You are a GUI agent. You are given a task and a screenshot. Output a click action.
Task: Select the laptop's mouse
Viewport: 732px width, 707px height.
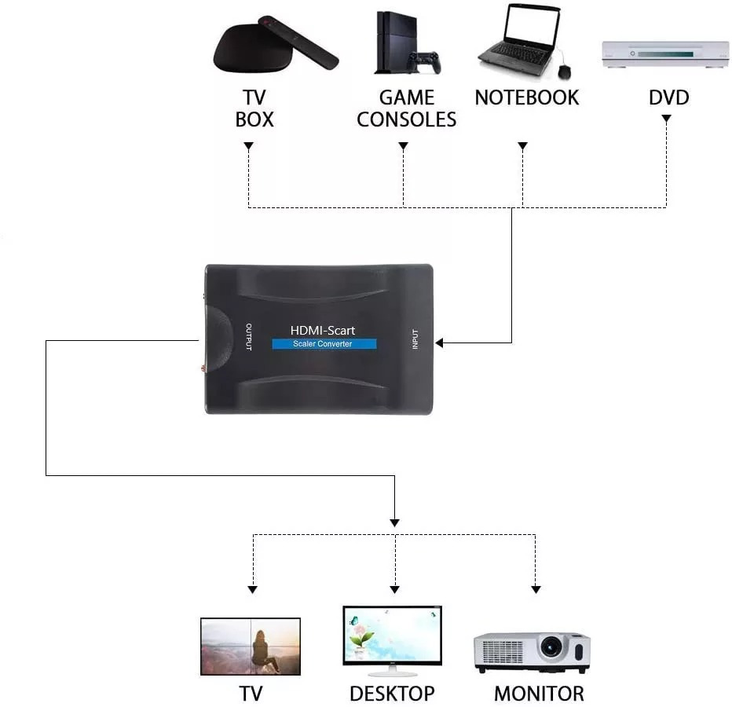coord(564,71)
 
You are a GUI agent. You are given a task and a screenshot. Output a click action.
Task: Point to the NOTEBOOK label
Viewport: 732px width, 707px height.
coord(526,98)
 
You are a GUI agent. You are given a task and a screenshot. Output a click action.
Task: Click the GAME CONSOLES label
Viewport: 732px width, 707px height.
coord(406,108)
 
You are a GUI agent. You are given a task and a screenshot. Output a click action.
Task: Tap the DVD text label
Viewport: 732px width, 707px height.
coord(668,98)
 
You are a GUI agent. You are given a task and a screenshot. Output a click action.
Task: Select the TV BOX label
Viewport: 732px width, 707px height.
coord(254,108)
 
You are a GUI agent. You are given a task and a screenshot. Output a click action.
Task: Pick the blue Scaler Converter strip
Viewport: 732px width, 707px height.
coord(324,344)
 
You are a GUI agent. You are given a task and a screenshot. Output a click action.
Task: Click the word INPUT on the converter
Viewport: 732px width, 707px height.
coord(415,338)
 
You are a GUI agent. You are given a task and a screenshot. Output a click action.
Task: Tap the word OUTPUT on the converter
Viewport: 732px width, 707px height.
coord(248,338)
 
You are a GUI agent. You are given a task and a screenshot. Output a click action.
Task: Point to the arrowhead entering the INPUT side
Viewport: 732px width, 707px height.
coord(440,343)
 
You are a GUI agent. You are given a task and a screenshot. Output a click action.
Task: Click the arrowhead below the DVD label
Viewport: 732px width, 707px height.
coord(666,119)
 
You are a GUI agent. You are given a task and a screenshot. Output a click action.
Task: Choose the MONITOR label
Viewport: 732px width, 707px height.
coord(539,694)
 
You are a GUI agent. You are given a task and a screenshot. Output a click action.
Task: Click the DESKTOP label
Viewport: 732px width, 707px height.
coord(392,694)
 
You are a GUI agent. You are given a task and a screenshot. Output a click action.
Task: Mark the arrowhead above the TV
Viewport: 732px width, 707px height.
coord(252,588)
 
